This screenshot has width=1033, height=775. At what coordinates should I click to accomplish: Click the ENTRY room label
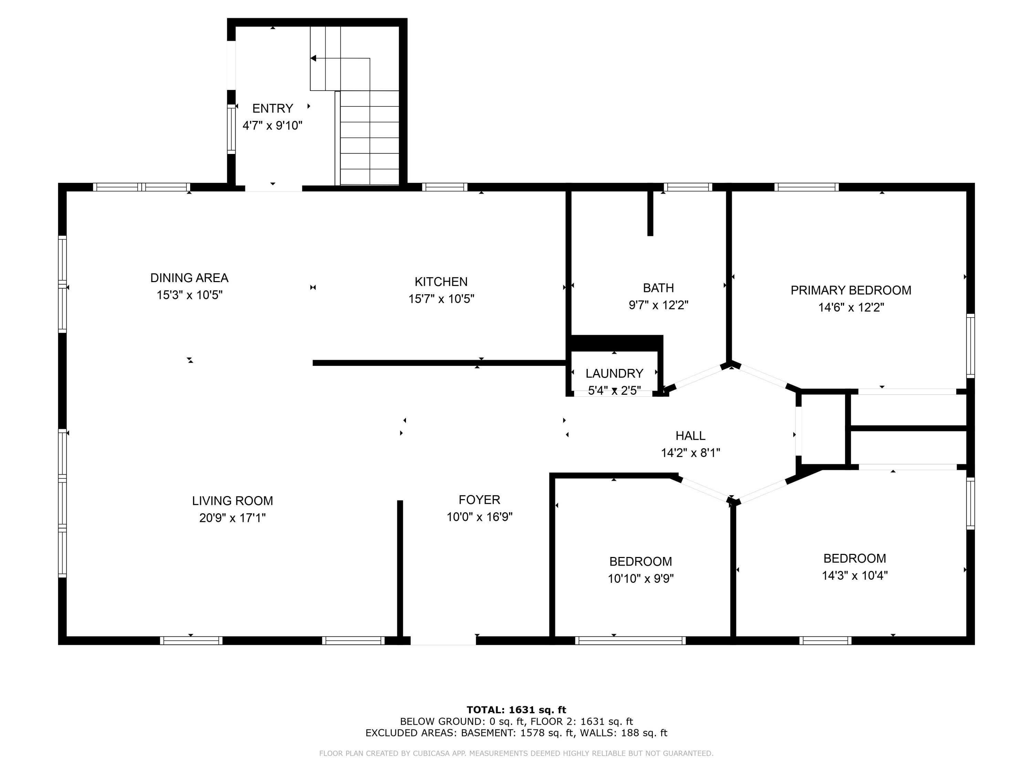[272, 108]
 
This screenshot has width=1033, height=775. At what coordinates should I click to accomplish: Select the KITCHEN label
[441, 282]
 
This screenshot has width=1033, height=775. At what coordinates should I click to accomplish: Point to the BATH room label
[658, 288]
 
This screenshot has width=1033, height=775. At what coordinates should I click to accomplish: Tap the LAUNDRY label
[614, 373]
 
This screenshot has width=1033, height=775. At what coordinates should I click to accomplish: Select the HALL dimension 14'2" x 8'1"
[690, 453]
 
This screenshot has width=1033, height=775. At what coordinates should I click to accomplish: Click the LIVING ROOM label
[232, 501]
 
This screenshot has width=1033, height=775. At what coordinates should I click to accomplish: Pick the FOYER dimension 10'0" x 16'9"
[479, 517]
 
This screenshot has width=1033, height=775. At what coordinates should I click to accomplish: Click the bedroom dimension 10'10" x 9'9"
[640, 579]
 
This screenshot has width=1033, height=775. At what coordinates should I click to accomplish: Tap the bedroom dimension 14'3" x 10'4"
[854, 576]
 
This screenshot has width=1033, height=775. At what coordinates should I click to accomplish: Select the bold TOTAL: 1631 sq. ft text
[516, 710]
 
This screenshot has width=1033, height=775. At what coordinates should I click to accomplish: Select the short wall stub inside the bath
[650, 213]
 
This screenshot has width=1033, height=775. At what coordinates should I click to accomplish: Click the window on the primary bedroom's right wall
[970, 346]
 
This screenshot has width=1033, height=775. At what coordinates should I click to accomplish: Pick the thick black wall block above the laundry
[616, 343]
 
